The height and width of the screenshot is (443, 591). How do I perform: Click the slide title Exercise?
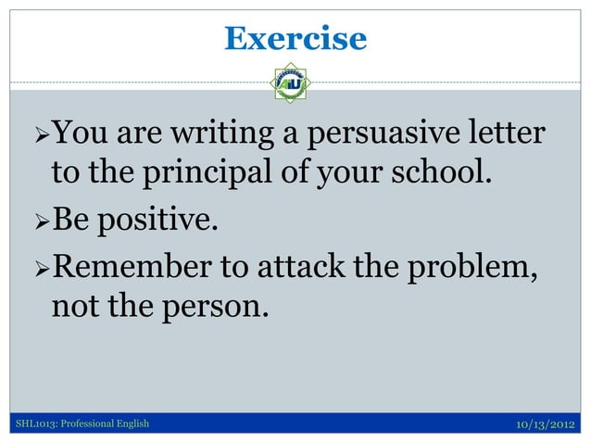click(295, 38)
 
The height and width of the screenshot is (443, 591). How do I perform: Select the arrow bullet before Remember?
click(38, 268)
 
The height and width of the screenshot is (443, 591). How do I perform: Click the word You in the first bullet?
click(81, 135)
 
